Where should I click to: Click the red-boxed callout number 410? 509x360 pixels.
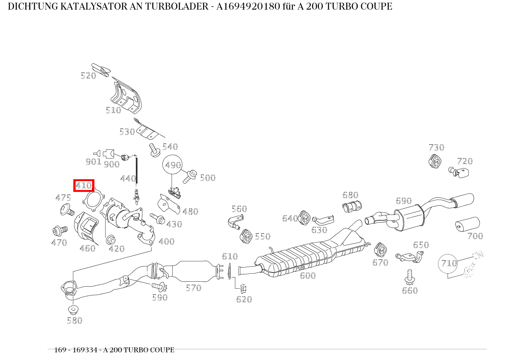coord(84,186)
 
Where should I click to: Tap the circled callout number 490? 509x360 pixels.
coord(172,165)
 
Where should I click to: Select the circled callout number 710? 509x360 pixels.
coord(448,263)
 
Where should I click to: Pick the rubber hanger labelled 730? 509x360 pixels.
coord(434,161)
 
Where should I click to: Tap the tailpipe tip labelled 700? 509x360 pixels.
coord(467,225)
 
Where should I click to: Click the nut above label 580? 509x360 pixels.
coord(73,309)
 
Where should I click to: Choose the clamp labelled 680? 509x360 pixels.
coord(352,207)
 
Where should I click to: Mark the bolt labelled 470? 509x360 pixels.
coord(59,230)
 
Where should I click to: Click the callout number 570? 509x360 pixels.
coord(193,288)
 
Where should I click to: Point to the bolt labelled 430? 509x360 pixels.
coord(158,219)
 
